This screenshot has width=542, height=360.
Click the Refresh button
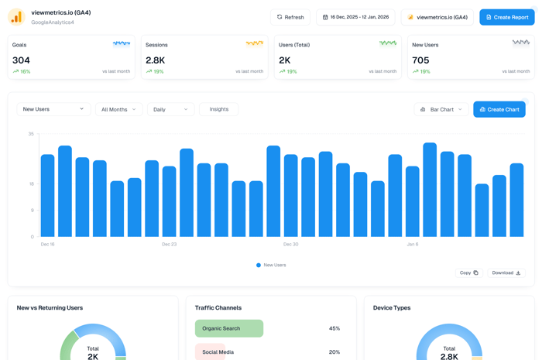point(290,17)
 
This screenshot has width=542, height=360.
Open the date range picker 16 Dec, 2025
point(355,17)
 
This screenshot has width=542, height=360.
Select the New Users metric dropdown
point(53,109)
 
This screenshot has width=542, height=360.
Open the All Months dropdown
point(118,109)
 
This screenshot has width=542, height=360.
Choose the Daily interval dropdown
point(170,109)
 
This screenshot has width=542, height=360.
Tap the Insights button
point(218,109)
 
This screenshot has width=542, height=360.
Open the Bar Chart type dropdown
point(441,109)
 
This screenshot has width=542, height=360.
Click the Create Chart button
point(499,109)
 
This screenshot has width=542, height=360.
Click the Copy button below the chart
point(468,273)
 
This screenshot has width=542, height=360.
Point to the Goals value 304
point(22,60)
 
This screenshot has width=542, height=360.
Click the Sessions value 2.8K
point(156,60)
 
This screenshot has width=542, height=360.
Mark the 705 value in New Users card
point(420,60)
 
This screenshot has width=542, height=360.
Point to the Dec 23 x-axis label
point(169,244)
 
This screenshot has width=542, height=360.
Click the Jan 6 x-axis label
point(412,244)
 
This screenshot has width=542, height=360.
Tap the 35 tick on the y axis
point(31,134)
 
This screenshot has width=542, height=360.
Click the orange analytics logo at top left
point(16,17)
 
